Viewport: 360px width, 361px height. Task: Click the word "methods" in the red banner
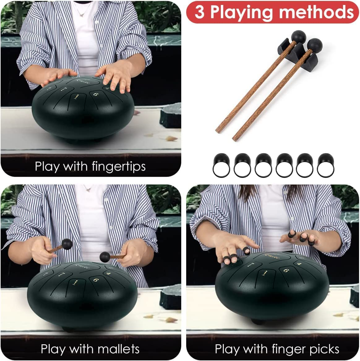pos(316,12)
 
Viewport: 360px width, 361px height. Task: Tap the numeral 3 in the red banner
pos(199,12)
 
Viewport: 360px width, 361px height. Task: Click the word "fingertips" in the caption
pos(118,166)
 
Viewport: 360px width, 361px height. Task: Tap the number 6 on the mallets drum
pos(96,280)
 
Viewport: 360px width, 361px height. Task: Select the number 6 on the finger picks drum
pos(286,271)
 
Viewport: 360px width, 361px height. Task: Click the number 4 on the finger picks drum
pos(299,264)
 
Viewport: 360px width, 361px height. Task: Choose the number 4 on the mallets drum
pos(109,273)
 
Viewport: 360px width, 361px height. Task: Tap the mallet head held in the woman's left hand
pos(105,256)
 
